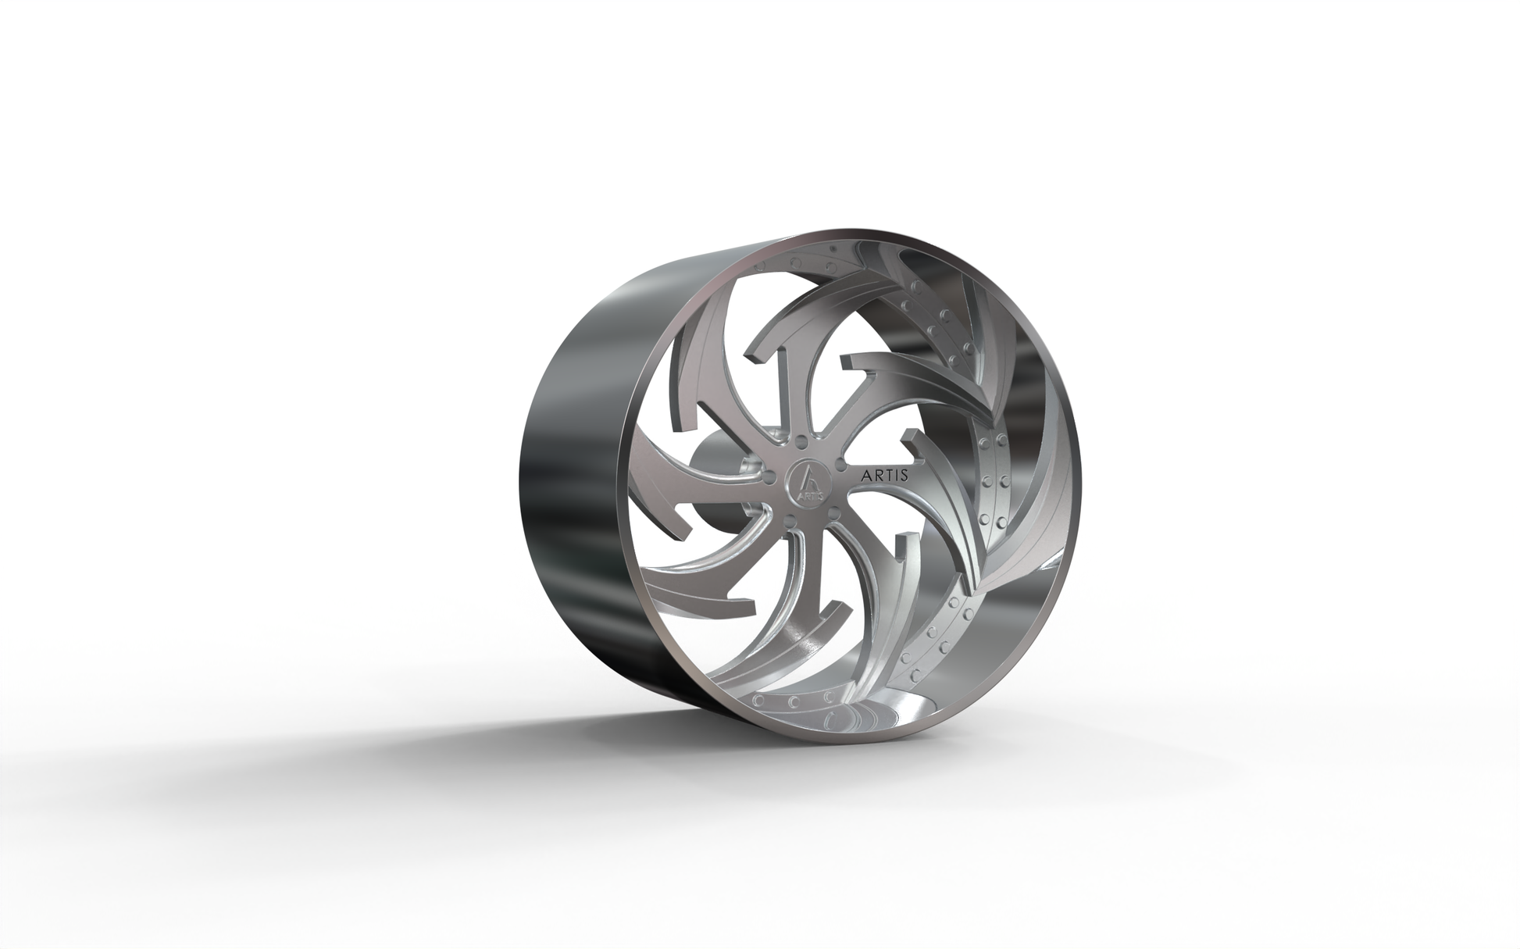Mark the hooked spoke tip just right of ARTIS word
(x=909, y=437)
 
